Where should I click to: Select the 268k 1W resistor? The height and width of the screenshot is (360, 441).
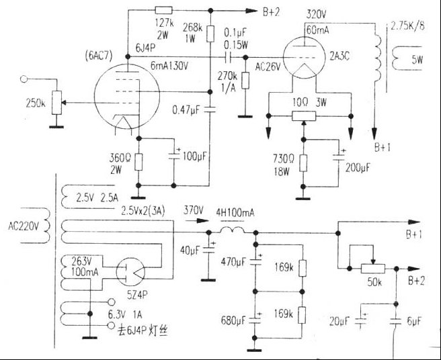click(x=210, y=33)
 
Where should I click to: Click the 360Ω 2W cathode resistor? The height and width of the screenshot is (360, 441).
click(x=138, y=161)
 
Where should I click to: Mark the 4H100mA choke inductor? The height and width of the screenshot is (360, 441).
click(x=231, y=232)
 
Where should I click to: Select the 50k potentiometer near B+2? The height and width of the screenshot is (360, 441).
click(x=372, y=268)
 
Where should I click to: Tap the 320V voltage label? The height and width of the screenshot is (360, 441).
click(x=317, y=15)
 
